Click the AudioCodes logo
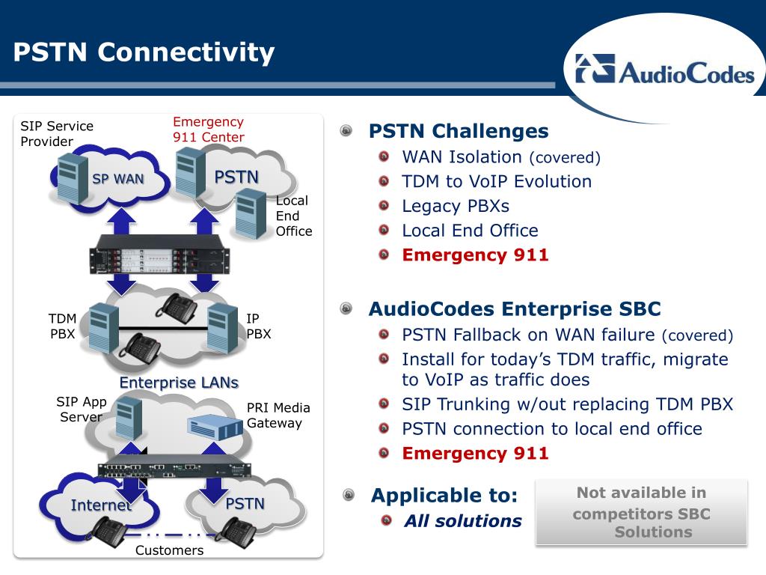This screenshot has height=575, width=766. pos(664,70)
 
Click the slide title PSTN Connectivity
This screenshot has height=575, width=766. pos(144,52)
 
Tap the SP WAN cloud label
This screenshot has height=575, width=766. pos(118,179)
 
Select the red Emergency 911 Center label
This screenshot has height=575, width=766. pos(209,129)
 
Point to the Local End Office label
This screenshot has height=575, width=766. pos(293,216)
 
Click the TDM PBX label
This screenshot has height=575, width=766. pos(63,326)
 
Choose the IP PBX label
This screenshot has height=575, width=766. pos(258,326)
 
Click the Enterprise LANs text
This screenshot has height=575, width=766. pos(179,383)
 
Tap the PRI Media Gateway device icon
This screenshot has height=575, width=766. pos(215,426)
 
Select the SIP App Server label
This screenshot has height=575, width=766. pos(81,410)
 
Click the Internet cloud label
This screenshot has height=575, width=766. pos(101,505)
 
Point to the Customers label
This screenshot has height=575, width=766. pos(169,550)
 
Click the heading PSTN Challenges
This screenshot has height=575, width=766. pos(459,131)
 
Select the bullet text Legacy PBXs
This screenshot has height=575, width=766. pos(456,207)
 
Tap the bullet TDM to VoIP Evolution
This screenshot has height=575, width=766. pos(497,181)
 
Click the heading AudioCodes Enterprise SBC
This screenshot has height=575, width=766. pos(515,309)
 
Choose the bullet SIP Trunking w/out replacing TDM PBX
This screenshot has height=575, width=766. pos(568,404)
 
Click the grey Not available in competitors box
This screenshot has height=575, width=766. pos(641,512)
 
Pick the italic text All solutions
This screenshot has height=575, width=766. pos(462,521)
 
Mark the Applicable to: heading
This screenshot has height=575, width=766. pos(444,496)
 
